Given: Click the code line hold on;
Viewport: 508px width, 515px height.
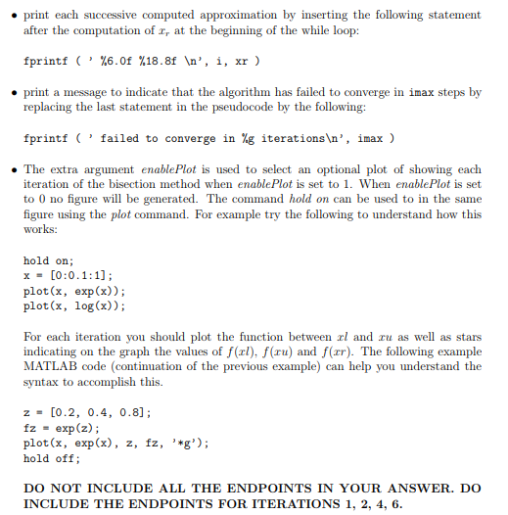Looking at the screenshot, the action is pos(48,261).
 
